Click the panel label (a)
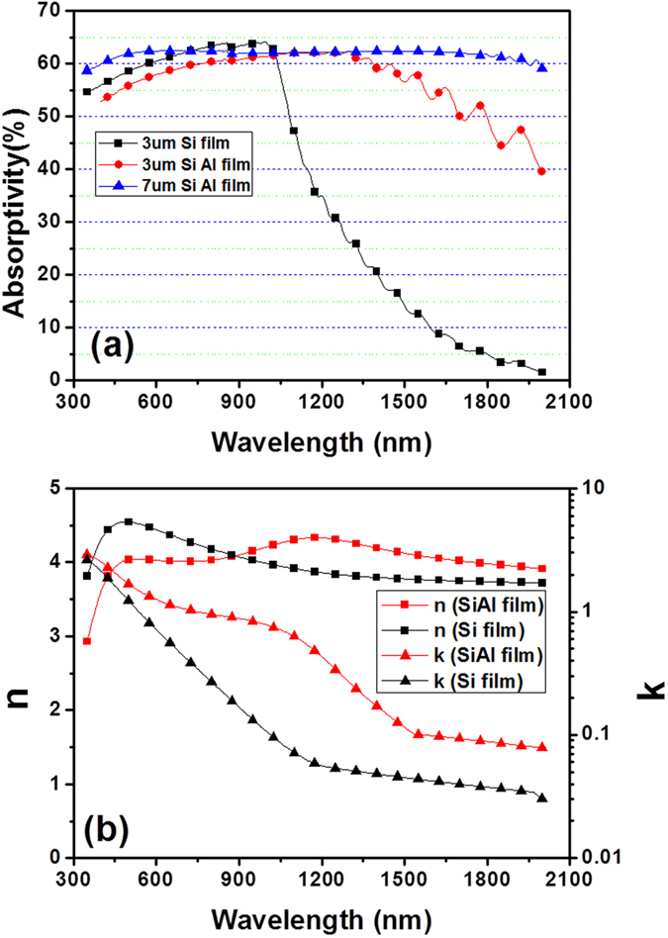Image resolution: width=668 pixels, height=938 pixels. point(118,345)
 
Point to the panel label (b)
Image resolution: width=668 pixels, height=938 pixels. point(118,820)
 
